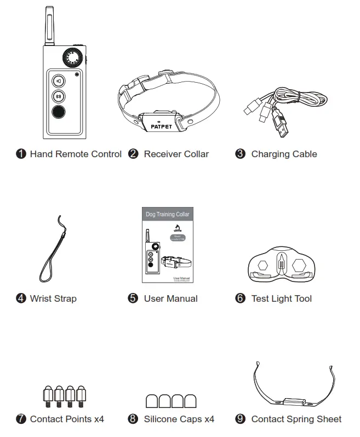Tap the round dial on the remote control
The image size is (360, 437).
70,58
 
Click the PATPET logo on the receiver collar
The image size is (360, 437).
160,126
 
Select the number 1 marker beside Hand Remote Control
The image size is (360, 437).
21,154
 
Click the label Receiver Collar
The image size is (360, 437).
176,154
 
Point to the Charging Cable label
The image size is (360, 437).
284,154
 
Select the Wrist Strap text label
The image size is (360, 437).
53,299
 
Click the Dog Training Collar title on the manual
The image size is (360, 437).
167,215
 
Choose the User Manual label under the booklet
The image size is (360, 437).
170,299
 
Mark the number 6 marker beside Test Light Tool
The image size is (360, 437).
240,299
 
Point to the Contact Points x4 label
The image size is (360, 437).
67,419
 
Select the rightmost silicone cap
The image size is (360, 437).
191,401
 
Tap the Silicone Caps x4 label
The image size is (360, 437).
179,419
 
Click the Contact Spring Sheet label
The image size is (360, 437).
296,419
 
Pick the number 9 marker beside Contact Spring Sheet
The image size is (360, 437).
240,419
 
